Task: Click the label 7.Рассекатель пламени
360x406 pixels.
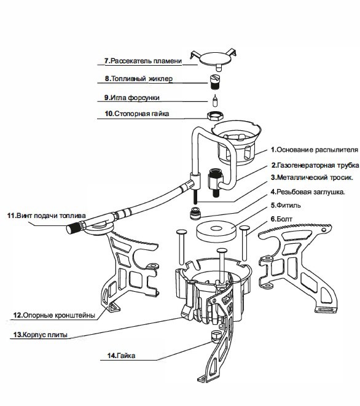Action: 143,61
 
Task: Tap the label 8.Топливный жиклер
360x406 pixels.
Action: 139,79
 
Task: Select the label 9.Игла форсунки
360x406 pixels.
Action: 132,98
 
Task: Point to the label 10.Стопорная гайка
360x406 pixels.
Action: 137,114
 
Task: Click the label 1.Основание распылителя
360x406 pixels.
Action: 315,150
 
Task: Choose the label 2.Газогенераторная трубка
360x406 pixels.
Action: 315,165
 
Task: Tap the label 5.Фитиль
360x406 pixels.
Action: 286,205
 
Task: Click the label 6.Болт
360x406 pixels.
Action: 281,219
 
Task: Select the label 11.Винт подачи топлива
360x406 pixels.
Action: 46,216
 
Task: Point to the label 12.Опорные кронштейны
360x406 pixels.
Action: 54,315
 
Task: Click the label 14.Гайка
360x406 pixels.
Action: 121,356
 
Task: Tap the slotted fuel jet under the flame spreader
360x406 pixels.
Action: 214,82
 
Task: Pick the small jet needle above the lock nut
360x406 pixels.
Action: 214,100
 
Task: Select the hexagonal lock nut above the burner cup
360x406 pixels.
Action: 214,115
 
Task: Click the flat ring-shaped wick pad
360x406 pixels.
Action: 216,231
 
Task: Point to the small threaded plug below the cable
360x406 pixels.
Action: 195,214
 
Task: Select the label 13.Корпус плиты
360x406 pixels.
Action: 40,335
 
